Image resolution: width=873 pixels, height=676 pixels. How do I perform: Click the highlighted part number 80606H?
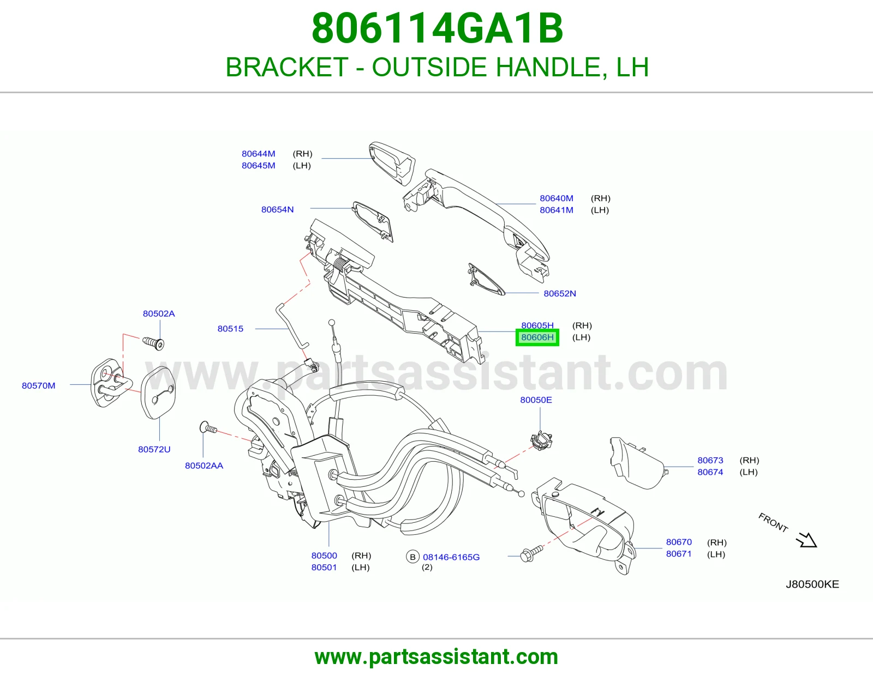[537, 337]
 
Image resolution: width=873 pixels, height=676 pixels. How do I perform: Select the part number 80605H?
[537, 325]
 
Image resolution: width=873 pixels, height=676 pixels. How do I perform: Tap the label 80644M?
[258, 154]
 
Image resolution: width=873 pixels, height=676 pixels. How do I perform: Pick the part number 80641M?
[557, 210]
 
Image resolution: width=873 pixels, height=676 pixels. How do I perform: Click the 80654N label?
[277, 209]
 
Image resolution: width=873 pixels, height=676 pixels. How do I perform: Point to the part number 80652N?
[560, 293]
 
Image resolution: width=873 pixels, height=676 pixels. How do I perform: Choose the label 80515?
[230, 329]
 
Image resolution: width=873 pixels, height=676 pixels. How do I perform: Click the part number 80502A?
[159, 313]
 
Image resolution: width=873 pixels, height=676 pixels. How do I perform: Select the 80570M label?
[39, 386]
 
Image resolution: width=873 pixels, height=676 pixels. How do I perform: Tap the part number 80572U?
[154, 449]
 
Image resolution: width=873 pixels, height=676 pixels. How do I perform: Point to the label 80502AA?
[204, 466]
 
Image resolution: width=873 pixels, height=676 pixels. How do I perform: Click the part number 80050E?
[536, 400]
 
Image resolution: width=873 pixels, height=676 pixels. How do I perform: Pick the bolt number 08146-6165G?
[451, 557]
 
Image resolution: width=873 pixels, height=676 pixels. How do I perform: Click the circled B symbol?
[412, 557]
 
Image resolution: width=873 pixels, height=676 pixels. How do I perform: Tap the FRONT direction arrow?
[806, 540]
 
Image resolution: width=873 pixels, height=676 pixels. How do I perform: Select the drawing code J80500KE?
[812, 584]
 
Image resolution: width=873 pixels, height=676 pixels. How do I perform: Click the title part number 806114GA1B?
[437, 28]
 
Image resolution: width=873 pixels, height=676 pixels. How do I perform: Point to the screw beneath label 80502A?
[153, 343]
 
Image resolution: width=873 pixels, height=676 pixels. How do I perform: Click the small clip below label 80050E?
[541, 440]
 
